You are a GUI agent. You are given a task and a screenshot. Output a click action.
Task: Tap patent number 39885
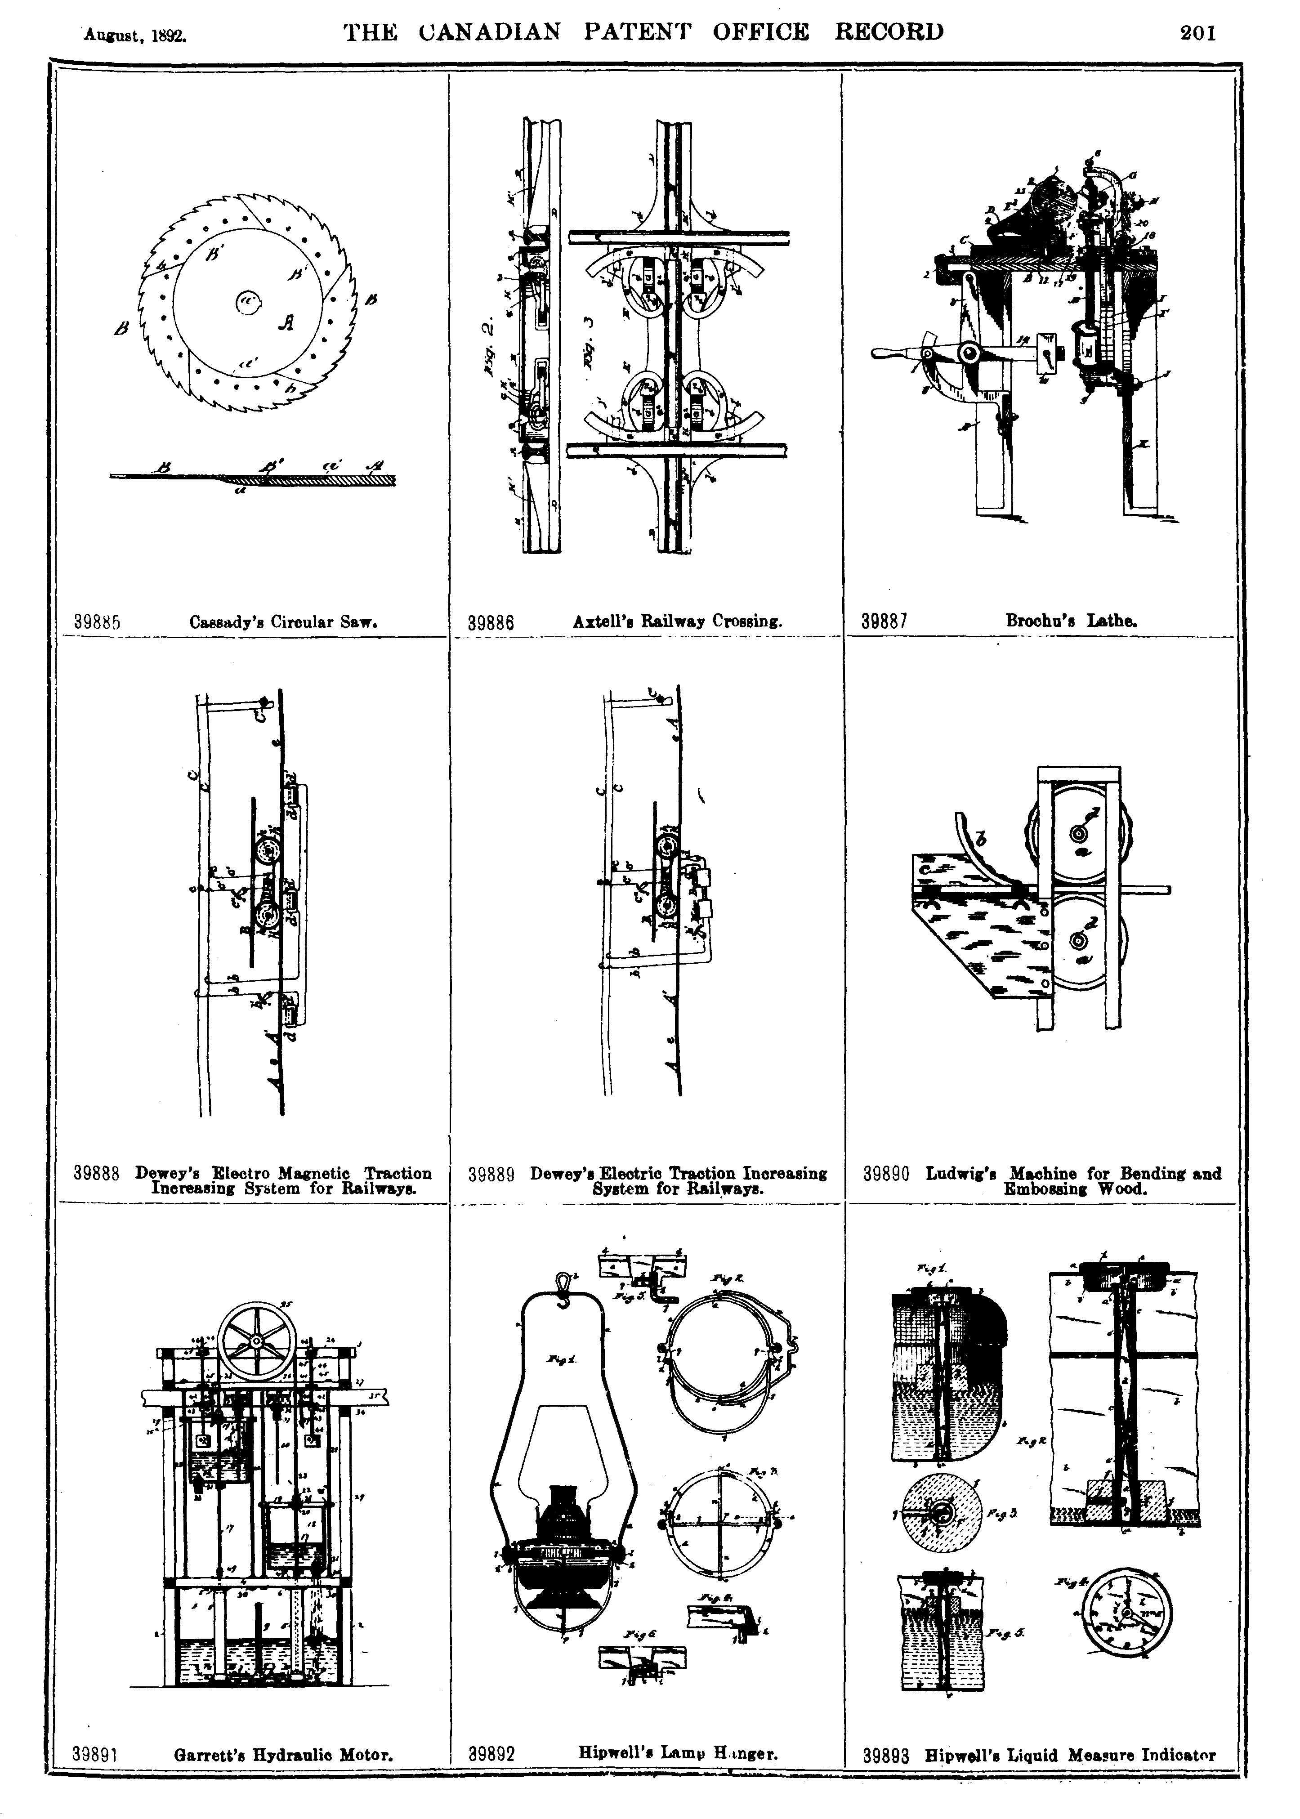pyautogui.click(x=97, y=622)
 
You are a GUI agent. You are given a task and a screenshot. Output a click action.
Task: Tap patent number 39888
pyautogui.click(x=97, y=1174)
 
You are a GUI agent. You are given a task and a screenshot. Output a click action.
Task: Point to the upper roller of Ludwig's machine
pyautogui.click(x=1078, y=833)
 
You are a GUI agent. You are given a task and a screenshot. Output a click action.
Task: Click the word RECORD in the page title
pyautogui.click(x=889, y=32)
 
